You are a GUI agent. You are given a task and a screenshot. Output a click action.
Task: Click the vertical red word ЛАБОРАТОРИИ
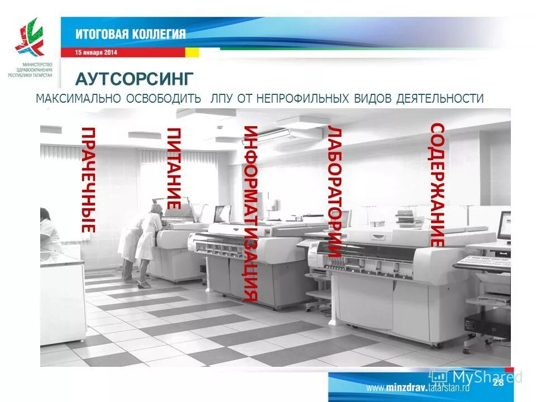tap(334, 192)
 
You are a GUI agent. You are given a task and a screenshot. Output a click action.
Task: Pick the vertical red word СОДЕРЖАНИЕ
tap(437, 185)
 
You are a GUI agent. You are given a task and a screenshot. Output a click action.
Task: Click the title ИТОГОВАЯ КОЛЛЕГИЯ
tap(131, 34)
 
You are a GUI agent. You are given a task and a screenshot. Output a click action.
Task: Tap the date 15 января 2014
tap(97, 52)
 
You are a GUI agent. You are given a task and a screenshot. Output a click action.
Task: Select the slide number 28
tap(499, 382)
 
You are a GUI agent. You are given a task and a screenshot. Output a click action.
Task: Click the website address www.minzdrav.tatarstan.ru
tap(418, 387)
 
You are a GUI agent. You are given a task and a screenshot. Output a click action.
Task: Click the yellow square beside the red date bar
tap(192, 52)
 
